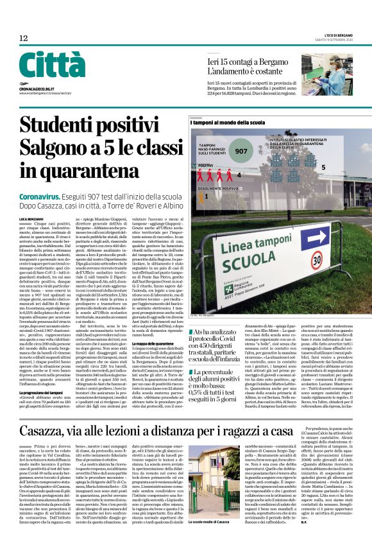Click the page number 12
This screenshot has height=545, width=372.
(23, 39)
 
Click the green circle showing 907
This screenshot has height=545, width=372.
(242, 151)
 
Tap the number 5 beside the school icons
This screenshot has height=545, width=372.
(323, 167)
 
